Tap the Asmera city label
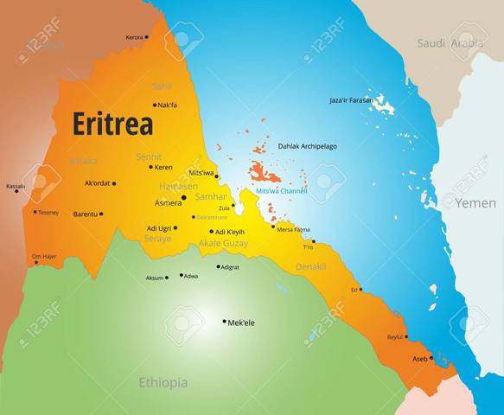tap(168, 202)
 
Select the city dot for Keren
tap(151, 167)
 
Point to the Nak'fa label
tap(168, 105)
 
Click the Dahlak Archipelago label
tap(307, 146)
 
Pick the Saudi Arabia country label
tap(449, 43)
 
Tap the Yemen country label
tap(476, 203)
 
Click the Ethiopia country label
tap(163, 381)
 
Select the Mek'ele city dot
tap(224, 322)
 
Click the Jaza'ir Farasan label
tap(352, 100)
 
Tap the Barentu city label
tap(85, 214)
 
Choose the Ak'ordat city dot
tap(113, 183)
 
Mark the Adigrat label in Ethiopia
tap(230, 267)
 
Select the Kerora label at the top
tap(134, 37)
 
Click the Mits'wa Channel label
tap(282, 189)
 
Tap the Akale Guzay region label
tap(224, 244)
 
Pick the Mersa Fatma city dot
tap(273, 227)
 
